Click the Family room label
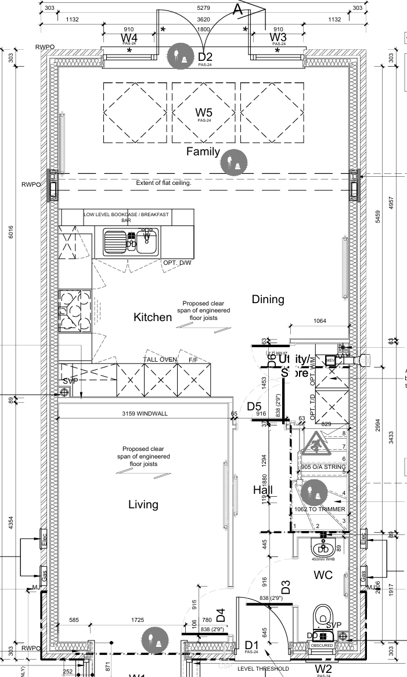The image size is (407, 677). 203,152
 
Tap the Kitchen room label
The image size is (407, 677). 153,317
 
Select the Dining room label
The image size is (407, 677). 268,299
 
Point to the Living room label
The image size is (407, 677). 143,504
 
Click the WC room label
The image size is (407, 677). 323,576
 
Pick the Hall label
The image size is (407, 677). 263,490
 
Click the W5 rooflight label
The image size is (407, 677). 203,112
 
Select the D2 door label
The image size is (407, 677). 206,57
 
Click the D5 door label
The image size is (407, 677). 254,406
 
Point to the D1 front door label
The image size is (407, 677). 251,645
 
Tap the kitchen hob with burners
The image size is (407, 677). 74,311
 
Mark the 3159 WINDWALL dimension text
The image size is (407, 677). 144,414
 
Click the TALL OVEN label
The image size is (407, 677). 160,360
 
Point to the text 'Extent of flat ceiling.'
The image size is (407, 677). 164,183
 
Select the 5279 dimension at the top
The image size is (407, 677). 203,8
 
